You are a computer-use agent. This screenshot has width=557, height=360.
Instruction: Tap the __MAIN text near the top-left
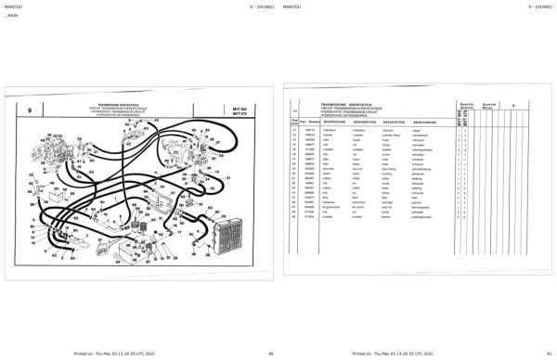[x=12, y=18]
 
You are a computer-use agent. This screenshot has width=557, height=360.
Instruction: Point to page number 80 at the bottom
[x=270, y=354]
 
